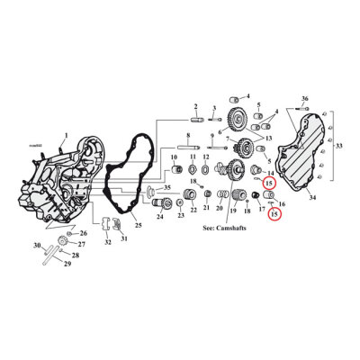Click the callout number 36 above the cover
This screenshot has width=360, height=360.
click(x=305, y=97)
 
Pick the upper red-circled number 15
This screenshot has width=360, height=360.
click(x=268, y=184)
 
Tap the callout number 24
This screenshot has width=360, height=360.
click(x=160, y=217)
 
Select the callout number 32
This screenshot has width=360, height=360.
click(x=108, y=243)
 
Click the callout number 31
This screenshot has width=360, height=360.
click(x=124, y=238)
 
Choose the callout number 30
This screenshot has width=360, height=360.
click(x=37, y=246)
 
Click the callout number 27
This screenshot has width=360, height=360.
click(x=81, y=245)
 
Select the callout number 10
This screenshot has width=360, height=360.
click(x=175, y=157)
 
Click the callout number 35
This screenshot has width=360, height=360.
click(x=166, y=186)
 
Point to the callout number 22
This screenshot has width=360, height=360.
click(x=193, y=209)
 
